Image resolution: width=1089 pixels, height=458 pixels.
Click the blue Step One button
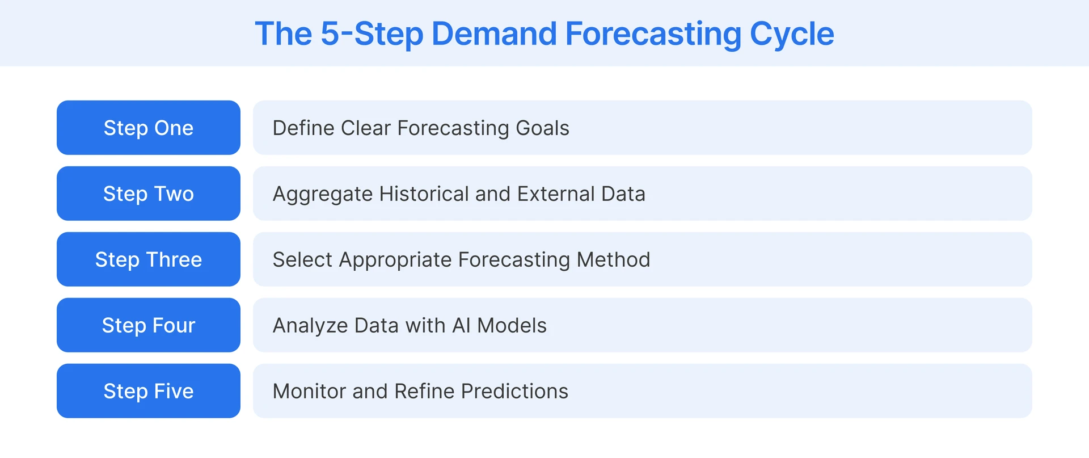[x=148, y=128]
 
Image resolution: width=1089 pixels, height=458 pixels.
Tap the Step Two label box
[x=148, y=194]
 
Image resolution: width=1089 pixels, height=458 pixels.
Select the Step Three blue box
[x=148, y=259]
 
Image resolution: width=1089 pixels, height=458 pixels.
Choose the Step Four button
[x=148, y=325]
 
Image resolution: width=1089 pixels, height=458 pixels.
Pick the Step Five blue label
[x=148, y=391]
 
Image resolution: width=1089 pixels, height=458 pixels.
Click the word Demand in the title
[x=494, y=33]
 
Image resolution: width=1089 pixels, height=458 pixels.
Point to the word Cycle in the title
[x=792, y=33]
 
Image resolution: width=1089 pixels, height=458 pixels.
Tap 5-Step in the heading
[x=372, y=33]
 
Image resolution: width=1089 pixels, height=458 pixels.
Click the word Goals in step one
[x=542, y=128]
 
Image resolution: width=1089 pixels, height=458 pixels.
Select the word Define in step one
[x=303, y=128]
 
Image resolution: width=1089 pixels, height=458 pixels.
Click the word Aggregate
[x=322, y=194]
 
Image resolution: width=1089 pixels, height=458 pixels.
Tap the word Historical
[x=424, y=194]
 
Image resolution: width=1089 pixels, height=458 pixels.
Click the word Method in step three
[x=613, y=260]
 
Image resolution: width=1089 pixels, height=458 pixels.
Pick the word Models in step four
[x=512, y=326]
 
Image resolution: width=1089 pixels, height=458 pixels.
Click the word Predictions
[x=514, y=392]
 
